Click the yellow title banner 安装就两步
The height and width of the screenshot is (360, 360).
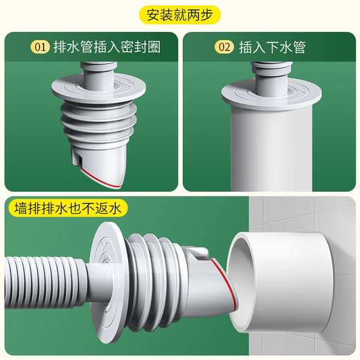(179, 14)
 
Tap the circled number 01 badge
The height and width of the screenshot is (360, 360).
(40, 47)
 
